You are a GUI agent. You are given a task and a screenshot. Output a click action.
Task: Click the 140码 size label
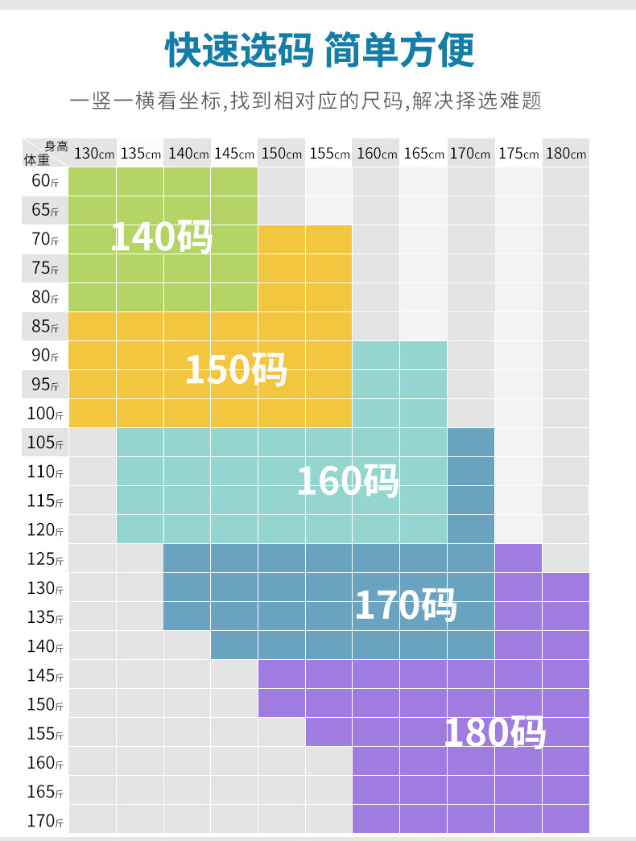tap(161, 237)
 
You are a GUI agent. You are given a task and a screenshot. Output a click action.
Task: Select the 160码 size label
tap(348, 481)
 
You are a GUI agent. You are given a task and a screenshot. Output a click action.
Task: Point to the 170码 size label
tap(406, 605)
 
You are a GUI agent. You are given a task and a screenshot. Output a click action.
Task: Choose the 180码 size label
tap(495, 732)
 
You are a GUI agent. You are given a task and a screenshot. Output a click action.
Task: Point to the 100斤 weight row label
tap(45, 414)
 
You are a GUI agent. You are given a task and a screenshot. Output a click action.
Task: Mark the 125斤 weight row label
tap(45, 559)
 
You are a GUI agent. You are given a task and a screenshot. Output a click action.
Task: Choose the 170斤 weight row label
tap(45, 821)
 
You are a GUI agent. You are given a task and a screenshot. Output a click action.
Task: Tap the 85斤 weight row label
tap(45, 327)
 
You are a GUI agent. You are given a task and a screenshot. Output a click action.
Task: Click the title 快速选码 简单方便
tap(320, 50)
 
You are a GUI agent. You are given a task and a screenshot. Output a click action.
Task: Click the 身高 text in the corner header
tap(56, 146)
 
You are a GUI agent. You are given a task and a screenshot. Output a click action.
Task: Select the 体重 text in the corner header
tap(36, 159)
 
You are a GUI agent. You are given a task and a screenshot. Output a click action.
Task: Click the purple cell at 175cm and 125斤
tap(518, 559)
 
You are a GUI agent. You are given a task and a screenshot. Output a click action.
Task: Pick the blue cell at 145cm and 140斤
tap(234, 645)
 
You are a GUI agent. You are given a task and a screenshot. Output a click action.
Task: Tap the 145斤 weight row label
tap(45, 675)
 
